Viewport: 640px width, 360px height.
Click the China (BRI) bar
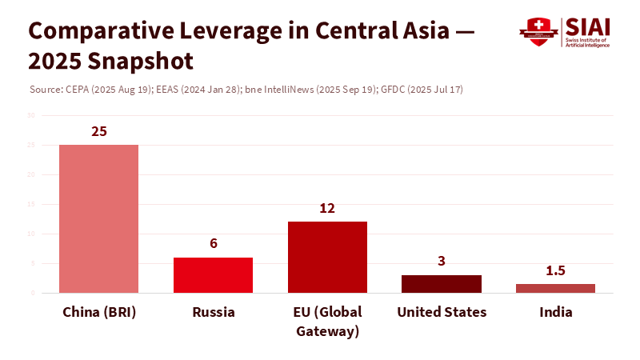(x=99, y=218)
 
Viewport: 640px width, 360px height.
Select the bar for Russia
(x=213, y=274)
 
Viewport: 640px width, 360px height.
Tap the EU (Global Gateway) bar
(x=327, y=257)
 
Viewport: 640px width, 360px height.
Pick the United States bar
(x=442, y=283)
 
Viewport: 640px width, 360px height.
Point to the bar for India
(x=555, y=288)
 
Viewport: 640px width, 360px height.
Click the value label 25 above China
(x=99, y=131)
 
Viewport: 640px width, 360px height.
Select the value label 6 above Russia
(x=214, y=243)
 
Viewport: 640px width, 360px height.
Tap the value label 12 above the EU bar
(x=327, y=208)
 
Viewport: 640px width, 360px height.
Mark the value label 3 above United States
(x=442, y=261)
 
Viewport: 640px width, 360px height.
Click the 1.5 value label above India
(x=555, y=270)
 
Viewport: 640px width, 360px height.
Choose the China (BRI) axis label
(x=99, y=312)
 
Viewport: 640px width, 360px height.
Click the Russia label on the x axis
(x=214, y=312)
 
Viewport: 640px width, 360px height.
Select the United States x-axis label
(x=442, y=312)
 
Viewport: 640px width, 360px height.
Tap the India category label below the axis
(x=555, y=312)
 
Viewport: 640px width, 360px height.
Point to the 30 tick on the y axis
(x=31, y=115)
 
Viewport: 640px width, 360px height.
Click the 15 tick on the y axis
(x=31, y=204)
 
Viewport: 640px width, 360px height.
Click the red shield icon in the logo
(x=538, y=32)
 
